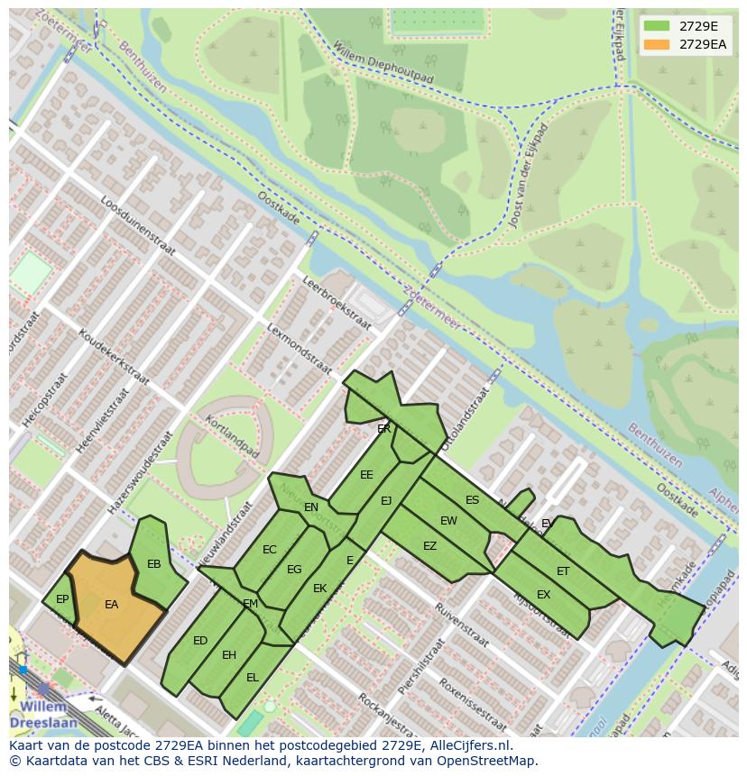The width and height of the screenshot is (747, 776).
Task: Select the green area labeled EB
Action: pyautogui.click(x=153, y=565)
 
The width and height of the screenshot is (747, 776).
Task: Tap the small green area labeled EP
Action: pyautogui.click(x=62, y=599)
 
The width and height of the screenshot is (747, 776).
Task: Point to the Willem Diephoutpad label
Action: pyautogui.click(x=383, y=63)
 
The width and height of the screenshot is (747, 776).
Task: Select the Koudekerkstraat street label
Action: pyautogui.click(x=114, y=357)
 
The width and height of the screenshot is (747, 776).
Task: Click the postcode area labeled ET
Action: pyautogui.click(x=563, y=571)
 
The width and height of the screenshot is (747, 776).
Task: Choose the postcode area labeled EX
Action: pyautogui.click(x=543, y=595)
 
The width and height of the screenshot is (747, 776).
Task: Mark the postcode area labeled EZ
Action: pyautogui.click(x=429, y=546)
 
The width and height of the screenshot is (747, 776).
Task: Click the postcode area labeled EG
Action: pyautogui.click(x=294, y=570)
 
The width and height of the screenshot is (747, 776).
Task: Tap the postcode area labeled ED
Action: pyautogui.click(x=200, y=641)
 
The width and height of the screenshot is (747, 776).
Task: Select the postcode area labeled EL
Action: pyautogui.click(x=253, y=677)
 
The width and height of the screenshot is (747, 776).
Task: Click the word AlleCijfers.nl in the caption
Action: pyautogui.click(x=470, y=745)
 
